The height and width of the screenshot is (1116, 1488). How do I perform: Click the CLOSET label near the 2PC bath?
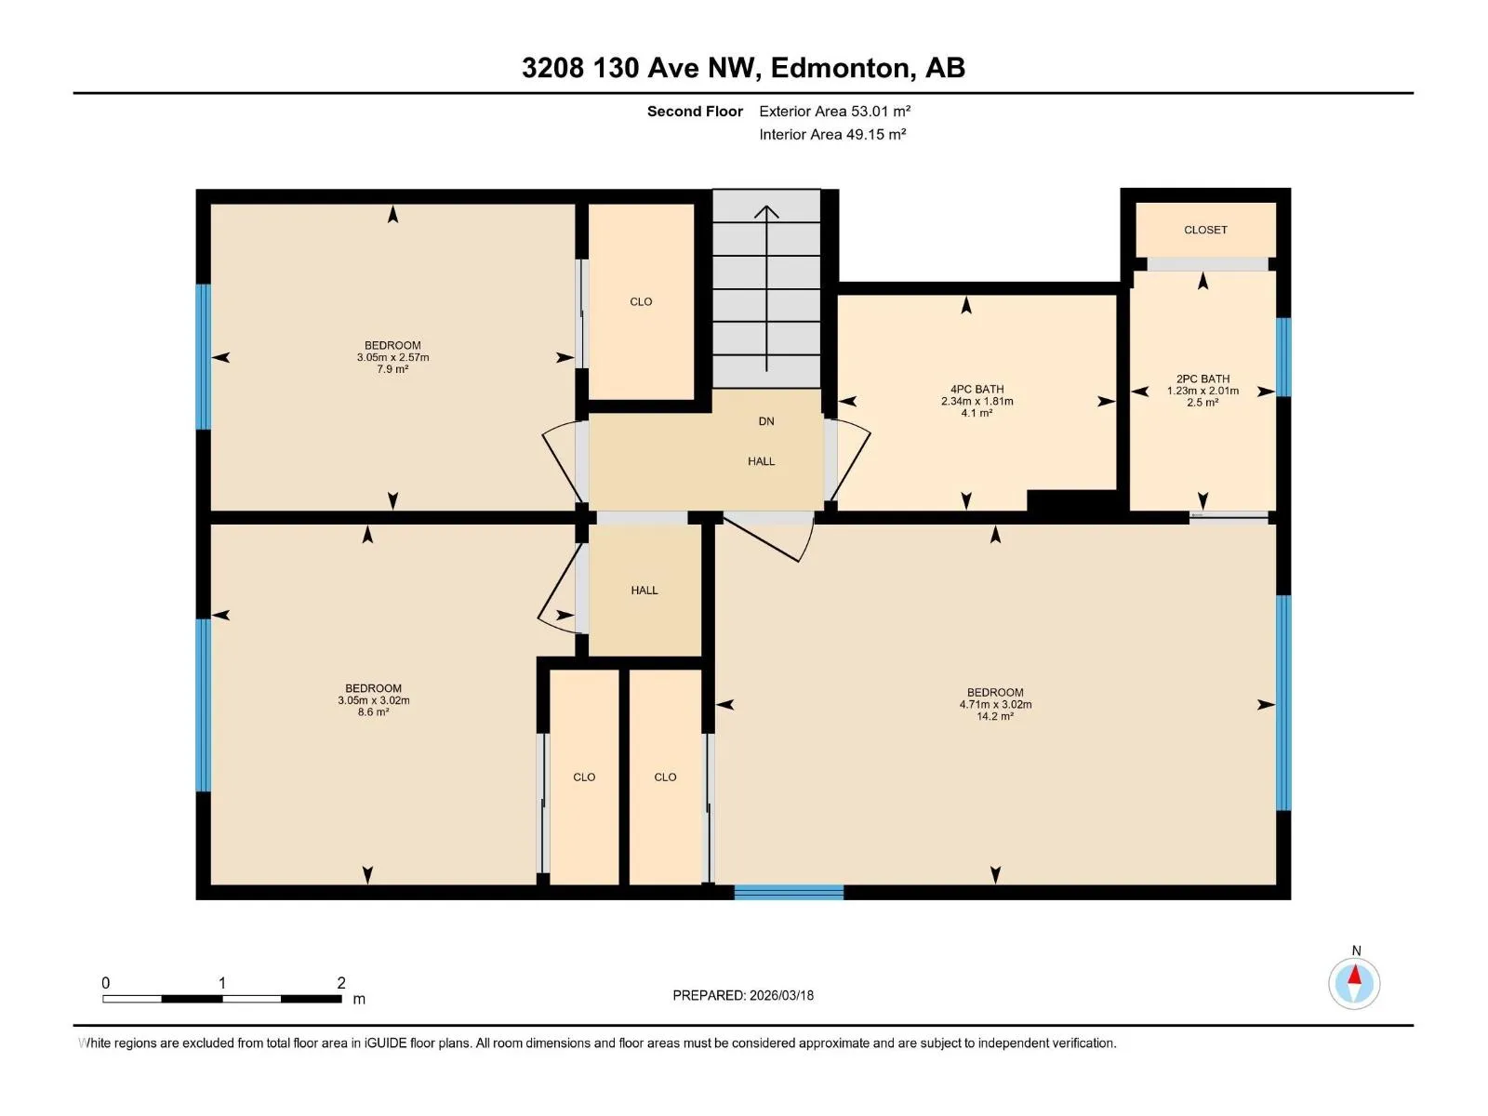pyautogui.click(x=1204, y=230)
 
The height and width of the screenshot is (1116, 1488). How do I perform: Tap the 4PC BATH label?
pyautogui.click(x=976, y=389)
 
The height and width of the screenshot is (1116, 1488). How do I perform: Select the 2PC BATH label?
pyautogui.click(x=1202, y=379)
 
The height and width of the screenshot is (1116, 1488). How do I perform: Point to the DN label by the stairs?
pyautogui.click(x=766, y=421)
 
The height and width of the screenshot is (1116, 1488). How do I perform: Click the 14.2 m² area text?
pyautogui.click(x=995, y=716)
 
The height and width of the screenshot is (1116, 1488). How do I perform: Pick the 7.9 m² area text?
pyautogui.click(x=392, y=369)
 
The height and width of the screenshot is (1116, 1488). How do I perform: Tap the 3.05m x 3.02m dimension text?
pyautogui.click(x=374, y=700)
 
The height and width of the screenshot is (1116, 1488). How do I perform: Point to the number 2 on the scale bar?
pyautogui.click(x=341, y=982)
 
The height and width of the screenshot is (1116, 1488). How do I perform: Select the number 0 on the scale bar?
pyautogui.click(x=106, y=982)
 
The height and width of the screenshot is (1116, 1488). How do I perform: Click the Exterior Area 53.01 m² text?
pyautogui.click(x=834, y=111)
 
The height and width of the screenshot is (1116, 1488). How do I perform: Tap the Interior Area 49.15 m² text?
pyautogui.click(x=832, y=134)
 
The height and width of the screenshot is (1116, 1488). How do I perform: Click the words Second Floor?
pyautogui.click(x=695, y=111)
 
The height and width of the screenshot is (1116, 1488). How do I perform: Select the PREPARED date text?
pyautogui.click(x=743, y=995)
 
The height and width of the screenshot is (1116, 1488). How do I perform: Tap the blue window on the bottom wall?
pyautogui.click(x=789, y=893)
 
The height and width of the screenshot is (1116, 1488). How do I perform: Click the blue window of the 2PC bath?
pyautogui.click(x=1283, y=357)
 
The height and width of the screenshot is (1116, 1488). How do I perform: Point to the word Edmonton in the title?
pyautogui.click(x=839, y=68)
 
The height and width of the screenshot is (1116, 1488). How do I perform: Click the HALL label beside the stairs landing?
pyautogui.click(x=762, y=461)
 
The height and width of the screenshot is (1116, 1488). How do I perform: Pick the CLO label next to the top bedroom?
pyautogui.click(x=641, y=301)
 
